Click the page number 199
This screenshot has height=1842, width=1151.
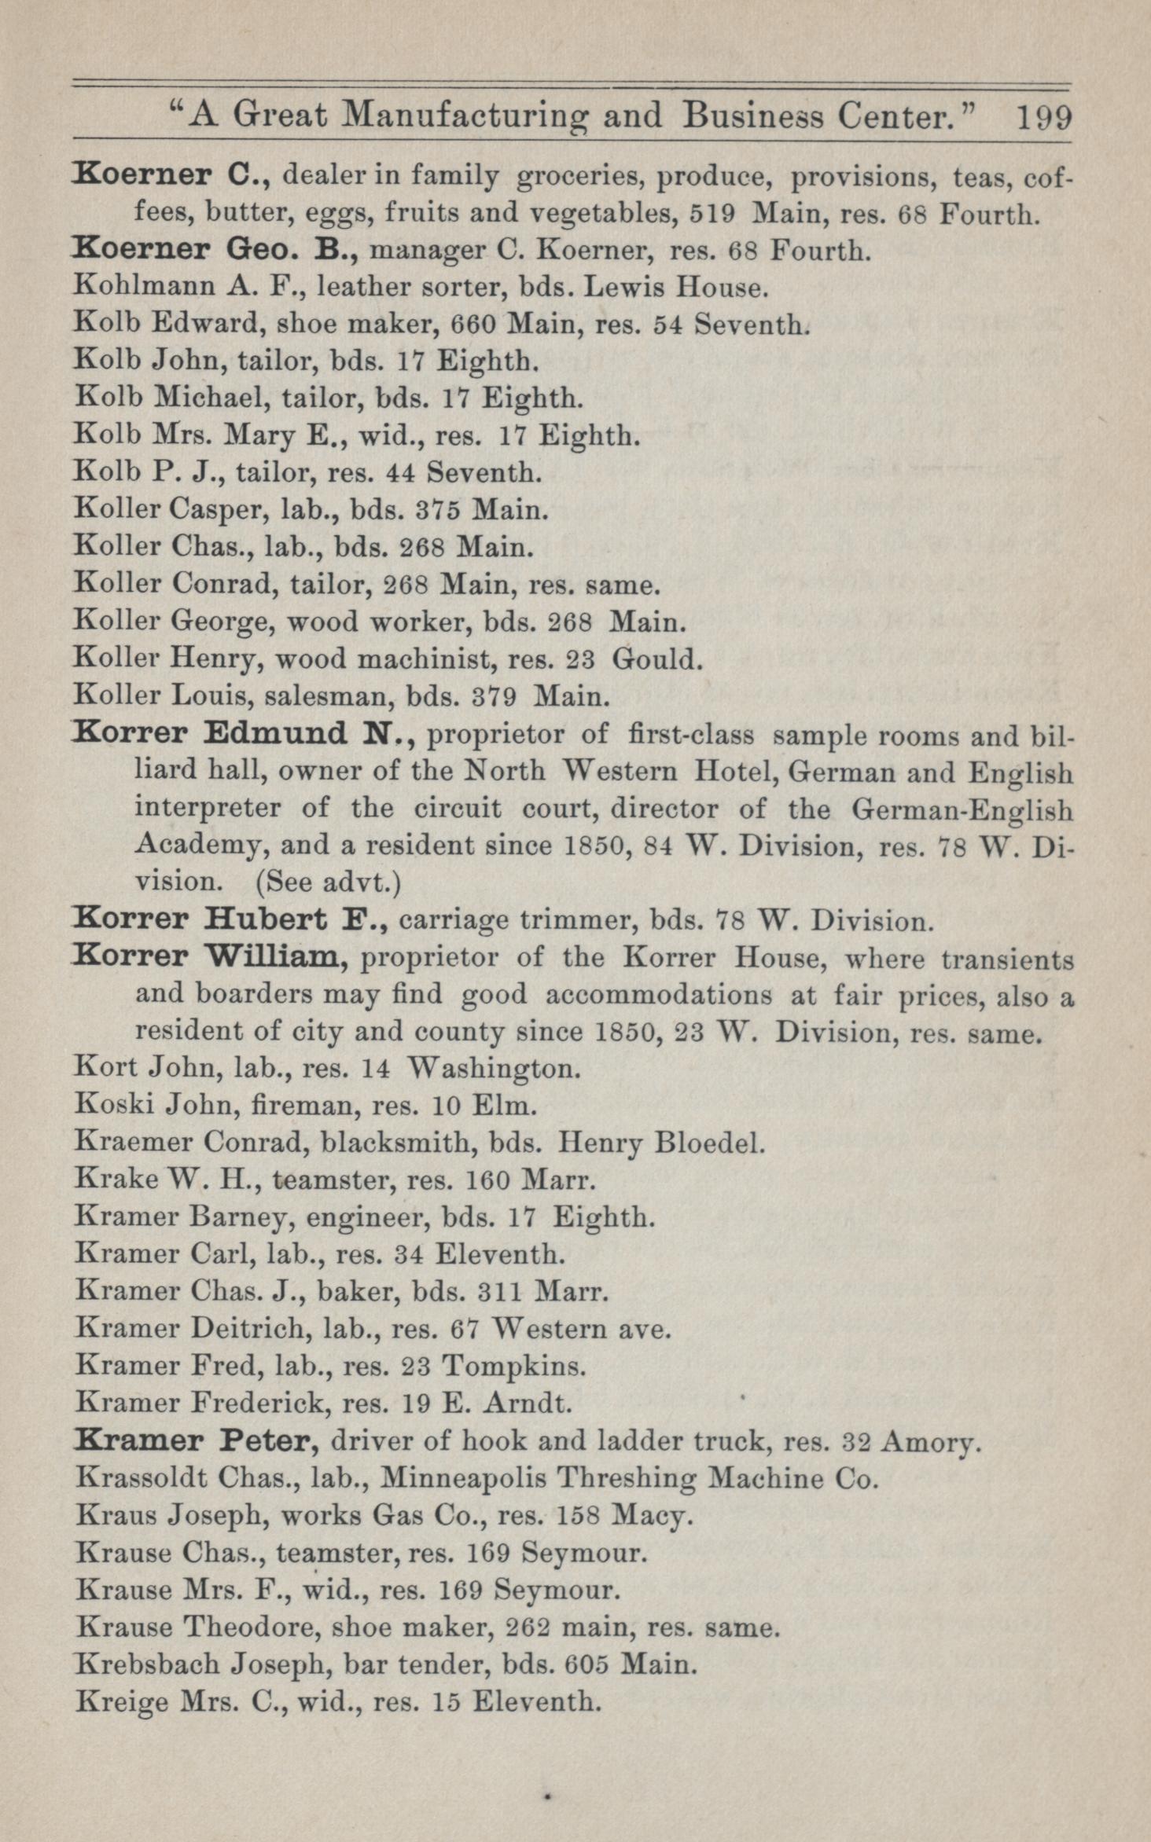tap(1044, 118)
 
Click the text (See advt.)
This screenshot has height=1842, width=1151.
tap(329, 882)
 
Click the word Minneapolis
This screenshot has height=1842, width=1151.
tap(463, 1478)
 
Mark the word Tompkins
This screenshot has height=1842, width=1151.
tap(513, 1366)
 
